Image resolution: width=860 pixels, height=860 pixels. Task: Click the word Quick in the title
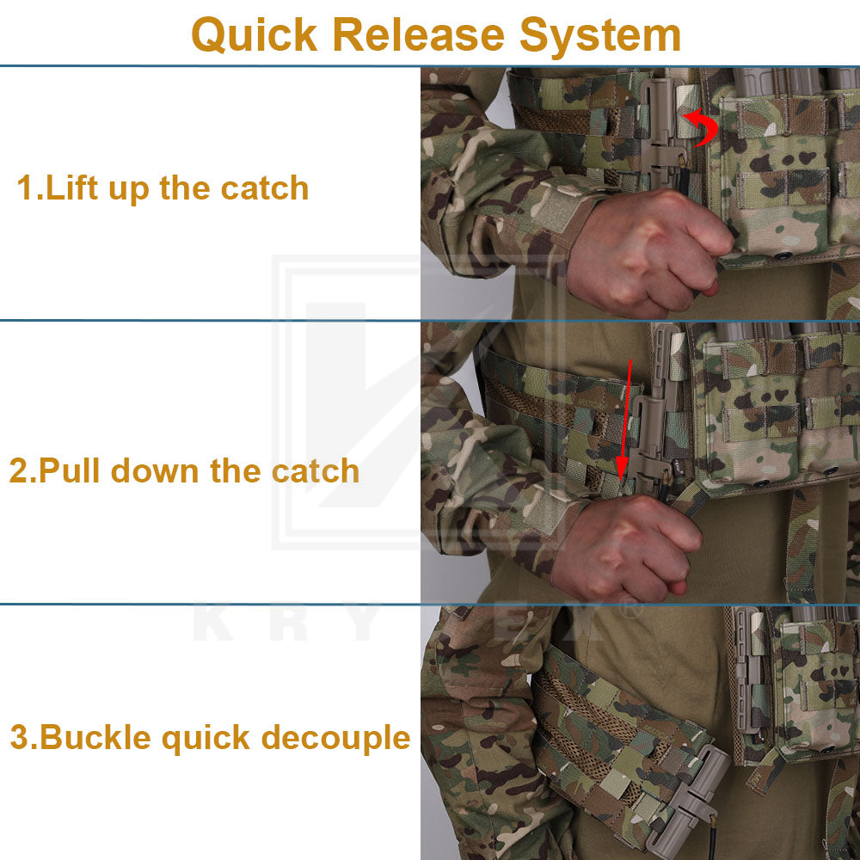[x=255, y=35]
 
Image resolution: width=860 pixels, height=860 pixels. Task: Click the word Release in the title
[x=419, y=34]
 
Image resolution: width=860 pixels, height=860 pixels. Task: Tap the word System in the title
[x=600, y=35]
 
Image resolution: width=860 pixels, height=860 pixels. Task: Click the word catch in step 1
[x=265, y=187]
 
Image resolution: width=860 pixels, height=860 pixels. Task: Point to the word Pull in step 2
[x=70, y=470]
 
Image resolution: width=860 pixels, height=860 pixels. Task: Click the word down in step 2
[x=155, y=470]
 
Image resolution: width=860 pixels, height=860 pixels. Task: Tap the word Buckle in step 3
[x=95, y=737]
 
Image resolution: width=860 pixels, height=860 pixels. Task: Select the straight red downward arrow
[x=626, y=419]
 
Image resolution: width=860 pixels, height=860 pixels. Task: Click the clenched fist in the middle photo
[x=625, y=549]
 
